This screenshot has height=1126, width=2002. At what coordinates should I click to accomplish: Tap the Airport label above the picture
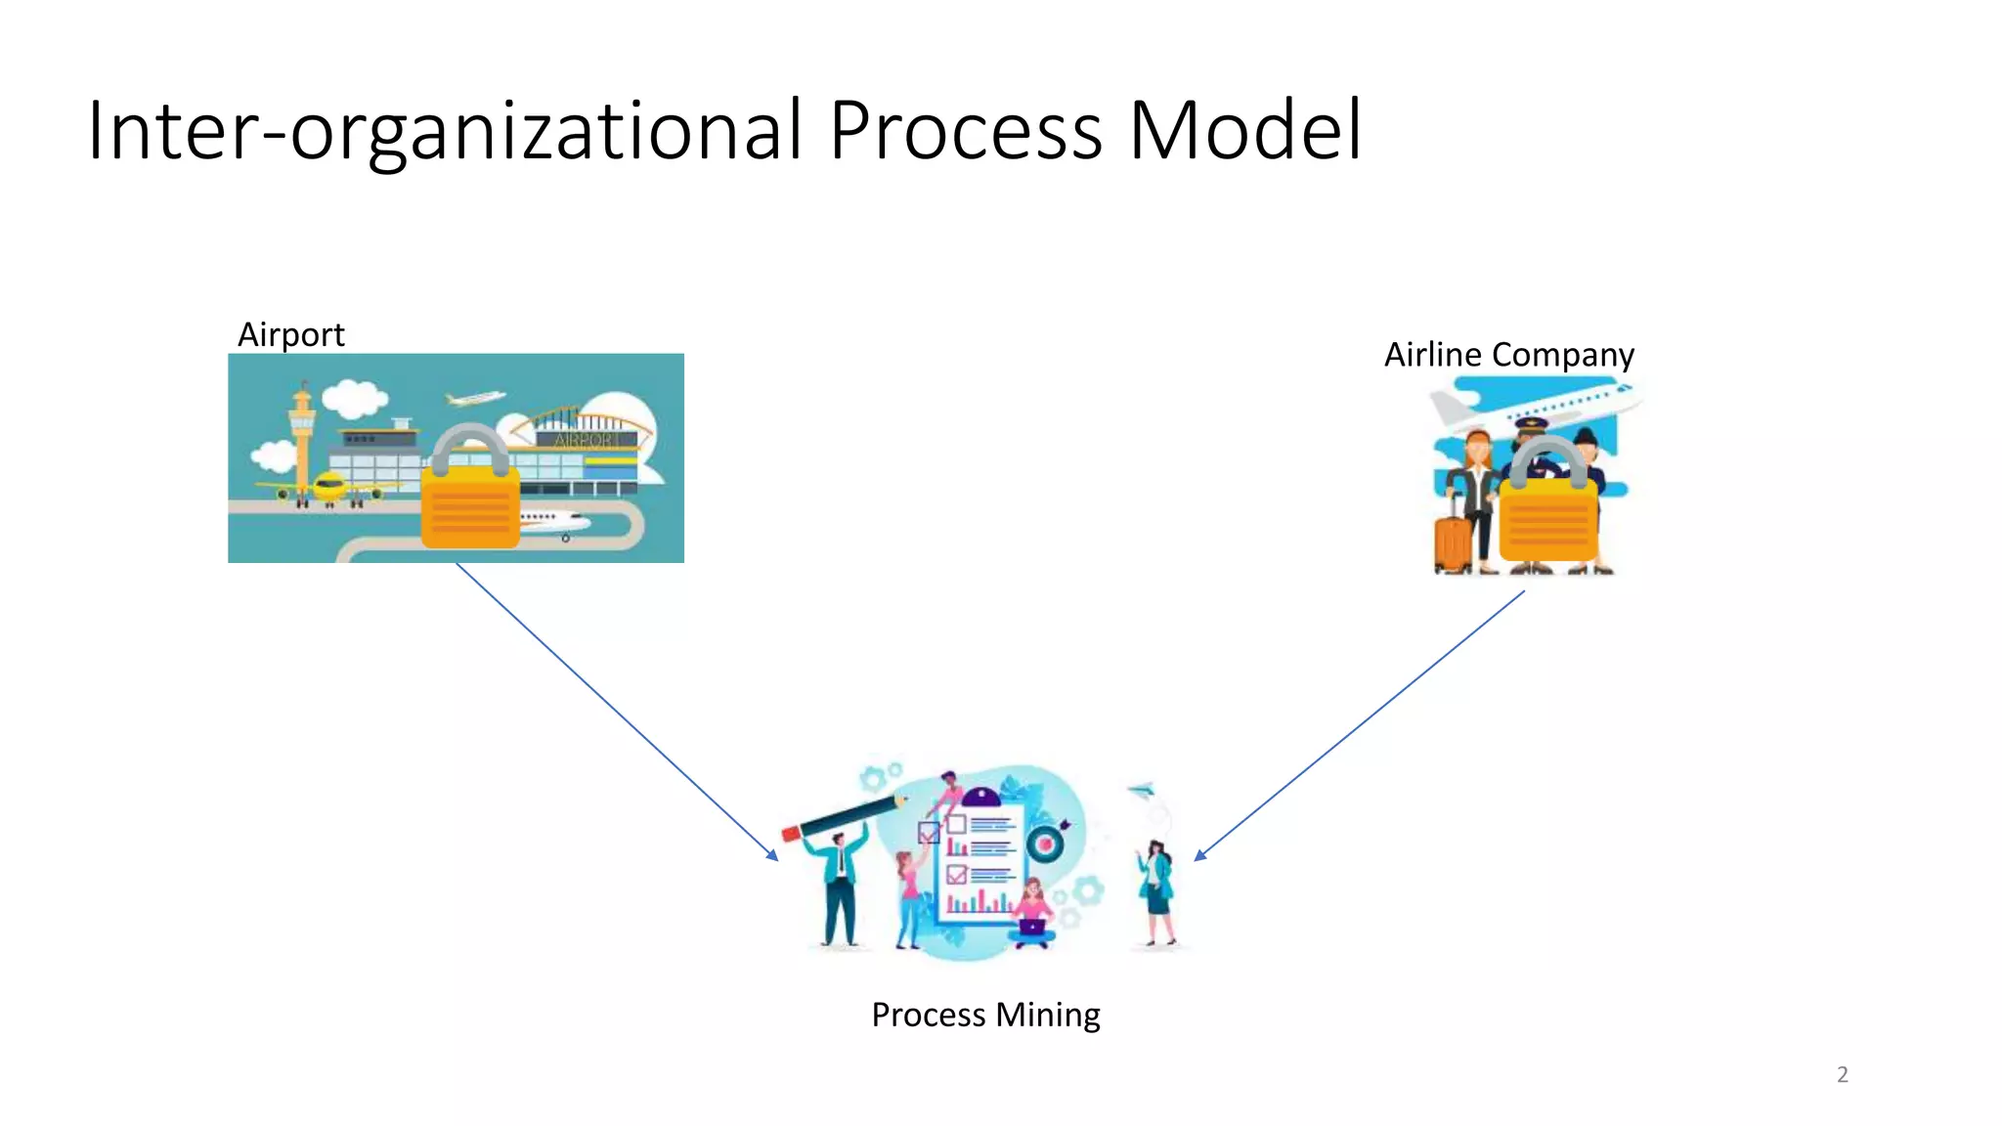click(x=290, y=335)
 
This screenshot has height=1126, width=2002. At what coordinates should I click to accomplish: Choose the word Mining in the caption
click(x=1048, y=1016)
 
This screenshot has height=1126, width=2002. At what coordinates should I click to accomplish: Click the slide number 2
click(x=1842, y=1075)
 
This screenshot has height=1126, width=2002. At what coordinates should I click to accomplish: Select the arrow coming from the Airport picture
click(x=616, y=711)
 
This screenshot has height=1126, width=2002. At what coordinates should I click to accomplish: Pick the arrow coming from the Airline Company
click(x=1359, y=725)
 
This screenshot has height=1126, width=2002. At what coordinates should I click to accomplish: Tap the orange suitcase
click(x=1453, y=542)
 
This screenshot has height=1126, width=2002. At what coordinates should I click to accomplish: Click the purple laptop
click(x=1031, y=927)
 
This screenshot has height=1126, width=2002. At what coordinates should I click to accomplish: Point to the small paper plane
click(x=1141, y=789)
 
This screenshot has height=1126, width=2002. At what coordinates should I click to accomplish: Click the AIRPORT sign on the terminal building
click(x=587, y=440)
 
